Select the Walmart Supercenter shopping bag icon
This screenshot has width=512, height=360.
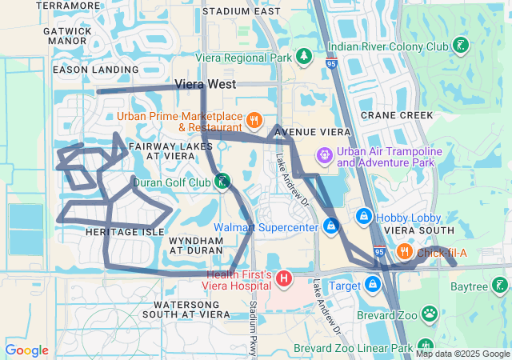[330, 227]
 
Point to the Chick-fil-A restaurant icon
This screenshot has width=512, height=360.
[404, 253]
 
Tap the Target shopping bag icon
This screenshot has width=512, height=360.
[373, 284]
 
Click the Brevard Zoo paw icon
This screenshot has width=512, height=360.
[430, 314]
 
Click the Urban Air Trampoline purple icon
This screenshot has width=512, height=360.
[325, 154]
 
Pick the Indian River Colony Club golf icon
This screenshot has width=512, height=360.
[461, 45]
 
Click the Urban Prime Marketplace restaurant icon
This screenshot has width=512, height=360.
[254, 121]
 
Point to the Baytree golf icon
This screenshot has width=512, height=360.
[499, 285]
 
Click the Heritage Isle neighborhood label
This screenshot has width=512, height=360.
[124, 231]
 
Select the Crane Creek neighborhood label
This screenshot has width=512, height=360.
[397, 115]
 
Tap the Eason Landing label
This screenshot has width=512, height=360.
[85, 70]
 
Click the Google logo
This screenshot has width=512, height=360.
[27, 350]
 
